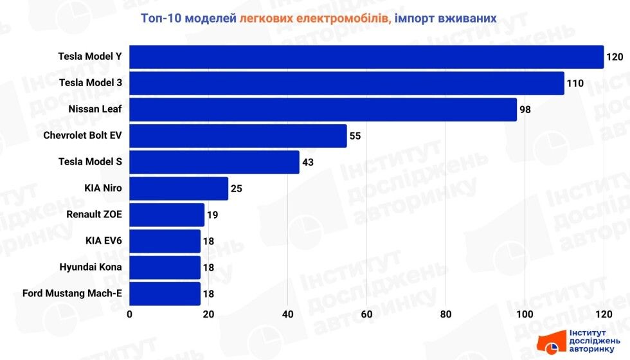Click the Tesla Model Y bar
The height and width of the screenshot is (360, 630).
coord(366,57)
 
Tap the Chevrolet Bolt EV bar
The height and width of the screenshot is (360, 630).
coord(239,136)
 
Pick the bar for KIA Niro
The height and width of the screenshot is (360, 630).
coord(179,188)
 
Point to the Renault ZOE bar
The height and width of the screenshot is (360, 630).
coord(167,215)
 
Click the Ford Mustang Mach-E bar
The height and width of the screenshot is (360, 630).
coord(165,294)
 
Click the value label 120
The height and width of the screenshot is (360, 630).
coord(615,57)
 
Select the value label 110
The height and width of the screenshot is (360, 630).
coord(575,83)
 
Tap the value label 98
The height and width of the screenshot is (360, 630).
coord(525,110)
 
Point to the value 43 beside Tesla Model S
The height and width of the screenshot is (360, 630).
coord(308,163)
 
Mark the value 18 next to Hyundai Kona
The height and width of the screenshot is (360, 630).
coord(208,267)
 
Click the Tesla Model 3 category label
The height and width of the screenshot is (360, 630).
coord(90,83)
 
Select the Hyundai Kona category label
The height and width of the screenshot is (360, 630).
coord(90,267)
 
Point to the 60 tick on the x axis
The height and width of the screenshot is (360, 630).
coord(367,314)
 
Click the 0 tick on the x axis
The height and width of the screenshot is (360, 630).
coord(130,314)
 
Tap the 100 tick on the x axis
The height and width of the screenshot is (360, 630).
coord(525,314)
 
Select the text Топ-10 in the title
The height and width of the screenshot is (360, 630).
coord(161,19)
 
